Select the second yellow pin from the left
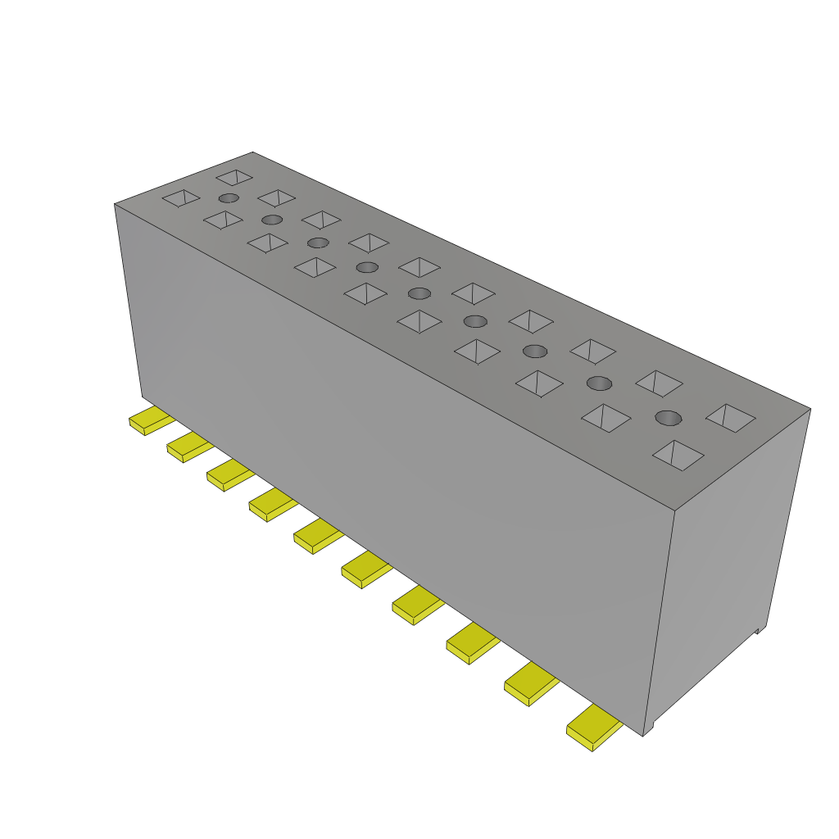[x=188, y=447]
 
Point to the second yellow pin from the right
[x=529, y=684]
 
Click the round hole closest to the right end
[x=669, y=418]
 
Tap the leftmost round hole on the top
[x=229, y=198]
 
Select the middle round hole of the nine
[x=419, y=293]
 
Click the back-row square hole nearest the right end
[x=730, y=418]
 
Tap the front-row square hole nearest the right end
[x=678, y=455]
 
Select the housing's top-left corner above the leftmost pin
[x=115, y=204]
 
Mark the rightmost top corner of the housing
[x=810, y=408]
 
